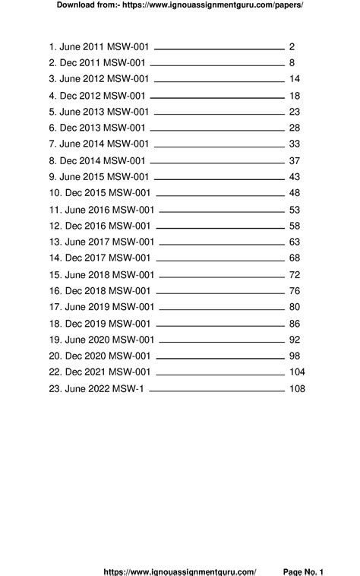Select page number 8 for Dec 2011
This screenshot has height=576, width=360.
coord(292,63)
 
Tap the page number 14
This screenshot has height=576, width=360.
coord(295,79)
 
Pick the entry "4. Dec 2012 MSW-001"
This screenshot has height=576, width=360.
coord(96,96)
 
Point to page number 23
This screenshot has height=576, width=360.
coord(295,112)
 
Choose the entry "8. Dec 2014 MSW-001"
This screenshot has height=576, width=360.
coord(96,160)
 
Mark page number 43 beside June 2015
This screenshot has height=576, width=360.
coord(295,176)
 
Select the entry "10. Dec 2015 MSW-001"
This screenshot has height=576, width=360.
coord(99,193)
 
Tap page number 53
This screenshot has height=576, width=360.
coord(295,209)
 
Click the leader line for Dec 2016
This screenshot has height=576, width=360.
coord(221,227)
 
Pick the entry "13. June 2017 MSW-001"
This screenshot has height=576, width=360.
coord(101,242)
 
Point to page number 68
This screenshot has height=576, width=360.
coord(295,258)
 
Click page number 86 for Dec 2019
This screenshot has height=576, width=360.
coord(295,323)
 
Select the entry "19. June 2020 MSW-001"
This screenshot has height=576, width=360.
coord(101,339)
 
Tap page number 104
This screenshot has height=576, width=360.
coord(297,372)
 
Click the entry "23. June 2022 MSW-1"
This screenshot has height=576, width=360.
coord(97,388)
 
